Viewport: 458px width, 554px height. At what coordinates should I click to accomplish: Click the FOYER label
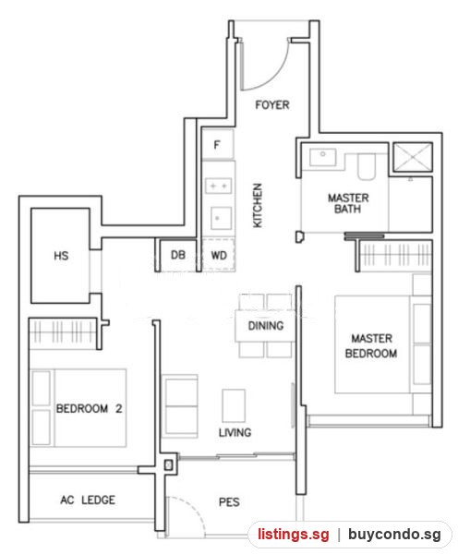coord(272,105)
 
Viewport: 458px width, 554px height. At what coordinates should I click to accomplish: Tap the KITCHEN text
coord(258,205)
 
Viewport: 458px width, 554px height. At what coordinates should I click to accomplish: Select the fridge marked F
coord(217,144)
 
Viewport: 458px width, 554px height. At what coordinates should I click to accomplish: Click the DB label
coord(178,255)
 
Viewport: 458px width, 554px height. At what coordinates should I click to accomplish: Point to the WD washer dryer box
coord(219,255)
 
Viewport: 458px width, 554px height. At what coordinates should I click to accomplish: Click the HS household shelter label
coord(61,256)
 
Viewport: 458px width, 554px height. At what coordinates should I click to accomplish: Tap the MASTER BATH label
coord(348,203)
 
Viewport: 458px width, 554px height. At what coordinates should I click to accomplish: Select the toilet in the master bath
coord(367,166)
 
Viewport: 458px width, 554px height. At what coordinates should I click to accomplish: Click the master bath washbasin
coord(322,157)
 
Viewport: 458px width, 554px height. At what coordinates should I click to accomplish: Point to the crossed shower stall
coord(413,157)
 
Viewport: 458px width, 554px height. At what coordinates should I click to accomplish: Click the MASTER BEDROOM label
coord(371,345)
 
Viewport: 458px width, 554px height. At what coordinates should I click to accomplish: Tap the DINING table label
coord(266,325)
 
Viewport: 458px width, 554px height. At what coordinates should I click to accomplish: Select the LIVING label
coord(235,432)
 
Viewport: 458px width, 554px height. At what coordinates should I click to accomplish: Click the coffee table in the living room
coord(234,405)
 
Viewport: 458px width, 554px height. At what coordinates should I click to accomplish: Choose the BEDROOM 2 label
coord(89,408)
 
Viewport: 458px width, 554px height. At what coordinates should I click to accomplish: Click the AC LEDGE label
coord(88,500)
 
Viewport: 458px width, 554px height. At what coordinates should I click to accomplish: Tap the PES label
coord(229,501)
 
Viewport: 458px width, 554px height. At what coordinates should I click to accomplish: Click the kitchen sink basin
coord(222,218)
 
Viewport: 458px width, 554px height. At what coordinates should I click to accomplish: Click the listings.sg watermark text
coord(293,534)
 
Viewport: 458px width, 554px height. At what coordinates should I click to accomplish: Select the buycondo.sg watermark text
coord(394,535)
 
